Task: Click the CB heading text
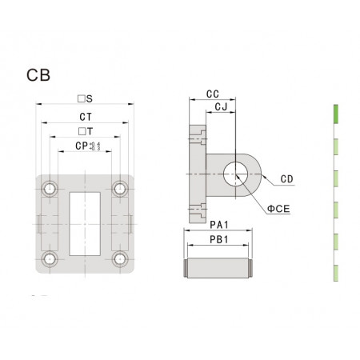[x=38, y=75]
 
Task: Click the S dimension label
[x=85, y=99]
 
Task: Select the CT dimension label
[x=86, y=117]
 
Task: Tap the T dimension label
[x=86, y=131]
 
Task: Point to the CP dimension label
[x=82, y=146]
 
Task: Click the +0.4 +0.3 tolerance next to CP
[x=94, y=146]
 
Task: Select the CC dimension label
[x=213, y=94]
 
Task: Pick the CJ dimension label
[x=221, y=106]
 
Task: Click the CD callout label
[x=286, y=179]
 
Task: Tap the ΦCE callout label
[x=278, y=209]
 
